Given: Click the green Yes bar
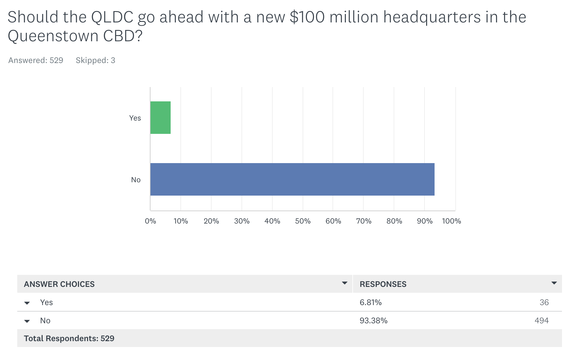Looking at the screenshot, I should [161, 118].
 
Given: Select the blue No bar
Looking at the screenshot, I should [292, 179].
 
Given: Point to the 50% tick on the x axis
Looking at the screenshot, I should [303, 221].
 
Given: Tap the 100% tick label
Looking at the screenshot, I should [451, 221].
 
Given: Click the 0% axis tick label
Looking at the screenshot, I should [150, 221].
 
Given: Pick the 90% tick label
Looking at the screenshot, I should [424, 221].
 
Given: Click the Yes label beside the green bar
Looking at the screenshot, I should [135, 118].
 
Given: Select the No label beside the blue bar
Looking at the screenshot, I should [136, 180].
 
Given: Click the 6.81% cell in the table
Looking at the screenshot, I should [371, 302].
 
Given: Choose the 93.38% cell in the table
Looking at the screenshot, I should [373, 321].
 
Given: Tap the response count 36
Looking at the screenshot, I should [544, 302].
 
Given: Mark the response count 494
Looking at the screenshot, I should [541, 321].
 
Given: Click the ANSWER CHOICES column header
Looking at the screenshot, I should [59, 284].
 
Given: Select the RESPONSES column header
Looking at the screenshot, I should [383, 284].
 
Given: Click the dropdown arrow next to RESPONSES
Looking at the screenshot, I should [554, 283].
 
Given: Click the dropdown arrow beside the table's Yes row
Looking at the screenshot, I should [27, 303].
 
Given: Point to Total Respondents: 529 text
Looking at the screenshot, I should [69, 339].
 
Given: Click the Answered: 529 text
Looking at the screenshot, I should [36, 60].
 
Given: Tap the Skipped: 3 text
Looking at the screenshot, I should [95, 60].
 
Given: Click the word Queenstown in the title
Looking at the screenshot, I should [53, 36].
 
